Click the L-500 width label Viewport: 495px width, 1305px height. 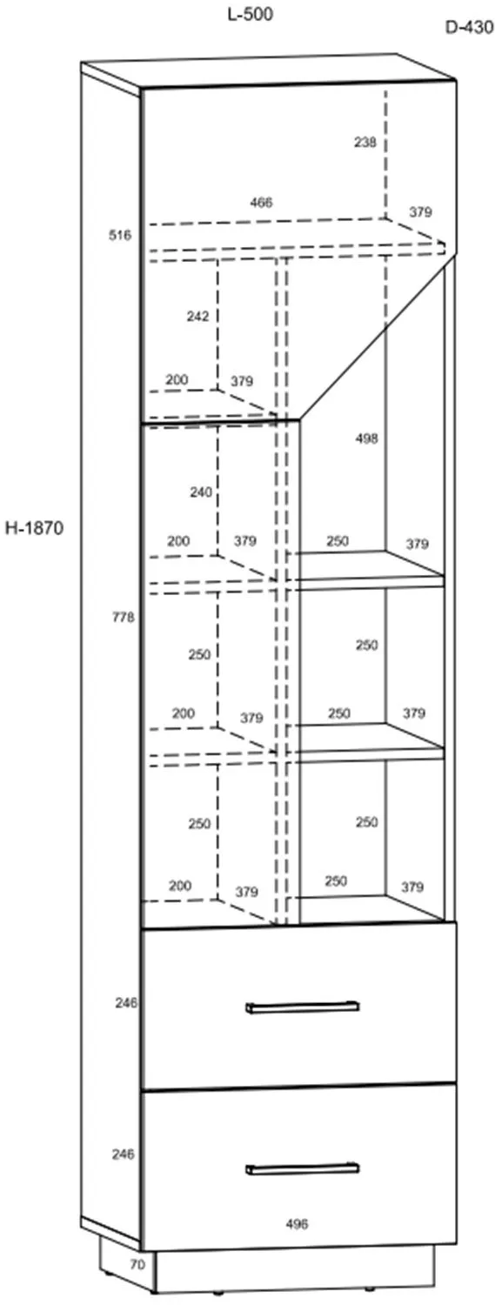click(250, 15)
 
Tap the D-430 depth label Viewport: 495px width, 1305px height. click(469, 27)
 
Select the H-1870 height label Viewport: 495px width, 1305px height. click(34, 528)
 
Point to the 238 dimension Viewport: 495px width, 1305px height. click(365, 142)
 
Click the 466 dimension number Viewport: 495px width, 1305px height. click(261, 203)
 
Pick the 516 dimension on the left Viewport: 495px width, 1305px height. click(120, 236)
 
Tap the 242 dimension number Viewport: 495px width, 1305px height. click(197, 317)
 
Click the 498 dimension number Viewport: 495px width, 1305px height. click(366, 438)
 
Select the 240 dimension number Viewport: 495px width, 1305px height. click(201, 492)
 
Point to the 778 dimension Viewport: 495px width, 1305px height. click(124, 617)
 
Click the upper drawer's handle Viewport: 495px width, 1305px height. click(302, 1007)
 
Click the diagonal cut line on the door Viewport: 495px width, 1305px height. click(378, 336)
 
